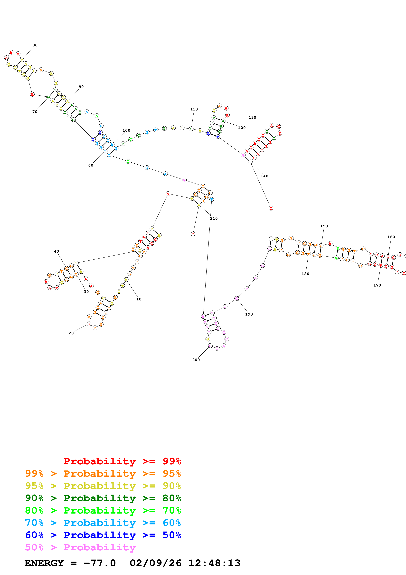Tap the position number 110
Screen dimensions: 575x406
[194, 109]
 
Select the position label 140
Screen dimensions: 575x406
[264, 176]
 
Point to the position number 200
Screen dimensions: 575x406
[196, 360]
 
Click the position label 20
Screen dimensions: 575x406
[71, 333]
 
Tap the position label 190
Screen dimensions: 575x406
[249, 314]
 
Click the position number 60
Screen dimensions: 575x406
[91, 165]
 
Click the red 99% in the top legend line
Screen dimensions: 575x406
[172, 461]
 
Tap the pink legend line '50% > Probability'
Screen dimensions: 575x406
[80, 547]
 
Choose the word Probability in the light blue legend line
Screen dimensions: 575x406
[100, 523]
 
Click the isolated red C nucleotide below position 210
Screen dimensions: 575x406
[193, 234]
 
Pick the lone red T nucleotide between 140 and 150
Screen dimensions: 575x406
[271, 208]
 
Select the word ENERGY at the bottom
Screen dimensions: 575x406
[44, 563]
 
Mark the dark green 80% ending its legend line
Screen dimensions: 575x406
[172, 498]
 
